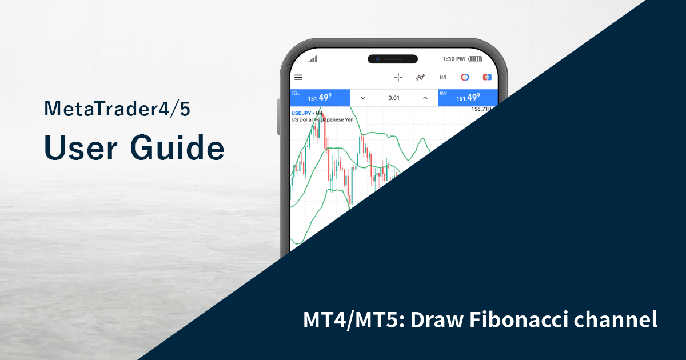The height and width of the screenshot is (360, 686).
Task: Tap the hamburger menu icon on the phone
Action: pyautogui.click(x=298, y=77)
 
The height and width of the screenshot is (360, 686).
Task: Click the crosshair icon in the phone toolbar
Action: pyautogui.click(x=398, y=77)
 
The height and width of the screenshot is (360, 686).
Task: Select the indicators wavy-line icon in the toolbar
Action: pyautogui.click(x=421, y=77)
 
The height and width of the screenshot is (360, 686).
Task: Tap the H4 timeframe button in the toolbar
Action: pyautogui.click(x=442, y=77)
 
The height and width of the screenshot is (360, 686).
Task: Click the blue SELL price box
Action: pyautogui.click(x=320, y=98)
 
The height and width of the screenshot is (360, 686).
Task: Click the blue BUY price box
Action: pyautogui.click(x=468, y=98)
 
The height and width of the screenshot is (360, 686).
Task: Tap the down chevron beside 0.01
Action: pyautogui.click(x=362, y=98)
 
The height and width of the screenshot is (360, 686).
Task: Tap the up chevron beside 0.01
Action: pyautogui.click(x=425, y=98)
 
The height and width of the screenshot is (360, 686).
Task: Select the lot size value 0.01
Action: pyautogui.click(x=394, y=98)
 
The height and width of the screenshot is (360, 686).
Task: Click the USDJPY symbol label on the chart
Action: pyautogui.click(x=301, y=113)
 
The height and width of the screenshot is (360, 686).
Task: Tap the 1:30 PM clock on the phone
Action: pyautogui.click(x=454, y=59)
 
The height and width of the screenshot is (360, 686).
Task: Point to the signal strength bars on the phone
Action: pyautogui.click(x=312, y=59)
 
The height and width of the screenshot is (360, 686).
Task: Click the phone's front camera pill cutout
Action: pyautogui.click(x=392, y=59)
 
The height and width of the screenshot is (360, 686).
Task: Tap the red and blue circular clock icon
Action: pyautogui.click(x=465, y=77)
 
